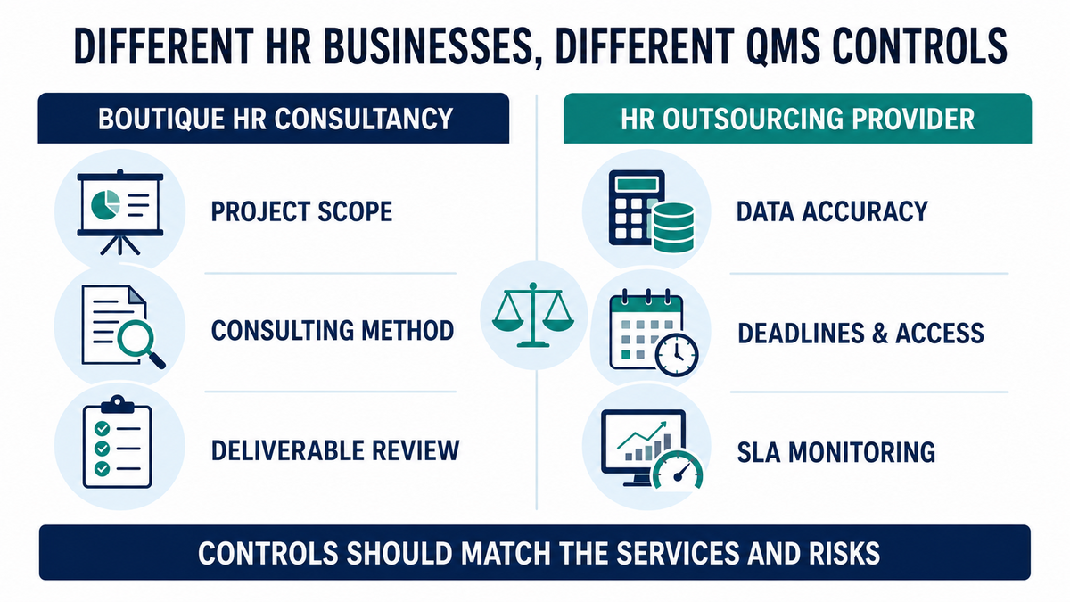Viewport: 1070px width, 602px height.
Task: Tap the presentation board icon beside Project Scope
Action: coord(119,211)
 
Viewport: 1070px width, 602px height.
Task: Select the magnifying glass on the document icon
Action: coord(139,342)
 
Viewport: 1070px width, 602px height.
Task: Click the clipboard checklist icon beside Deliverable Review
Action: coord(117,442)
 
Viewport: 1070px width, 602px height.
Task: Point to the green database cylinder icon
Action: coord(673,227)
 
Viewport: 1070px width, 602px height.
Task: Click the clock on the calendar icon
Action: coord(677,356)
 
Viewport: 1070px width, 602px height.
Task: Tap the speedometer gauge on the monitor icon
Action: coord(678,470)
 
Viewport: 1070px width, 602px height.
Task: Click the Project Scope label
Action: coord(301,211)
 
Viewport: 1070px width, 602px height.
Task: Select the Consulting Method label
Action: coord(333,331)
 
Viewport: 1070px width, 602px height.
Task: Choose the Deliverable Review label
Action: coord(335,450)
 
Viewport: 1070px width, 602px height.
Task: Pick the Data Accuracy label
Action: coord(832,211)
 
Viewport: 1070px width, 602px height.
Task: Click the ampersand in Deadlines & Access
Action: coord(879,334)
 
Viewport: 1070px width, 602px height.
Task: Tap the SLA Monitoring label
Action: coord(836,452)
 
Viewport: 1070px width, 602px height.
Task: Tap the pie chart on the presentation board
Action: coord(105,205)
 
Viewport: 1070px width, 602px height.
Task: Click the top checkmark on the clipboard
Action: coord(102,428)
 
